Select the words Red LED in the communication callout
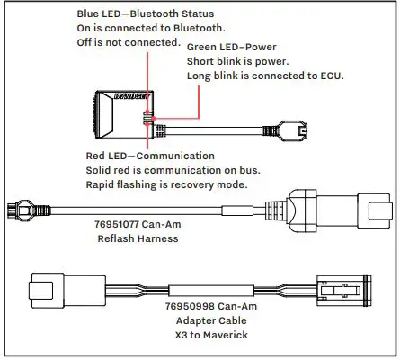pos(101,156)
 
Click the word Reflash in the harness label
pos(117,238)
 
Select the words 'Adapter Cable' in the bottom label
pos(172,321)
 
